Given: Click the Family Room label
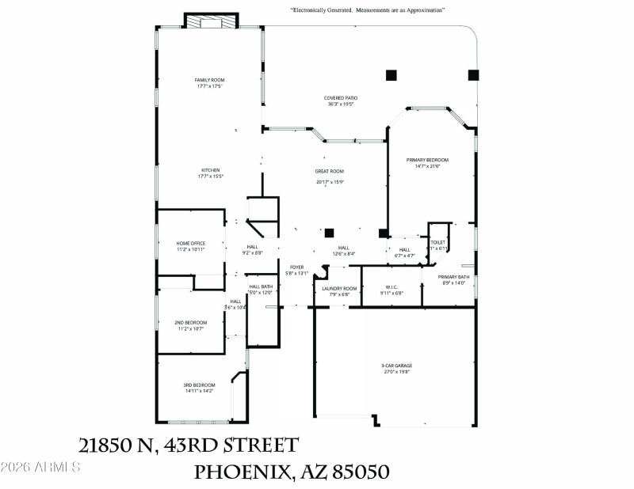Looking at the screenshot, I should [x=210, y=80].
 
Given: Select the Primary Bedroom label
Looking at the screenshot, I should [x=428, y=160].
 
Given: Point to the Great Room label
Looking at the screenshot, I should [x=330, y=171].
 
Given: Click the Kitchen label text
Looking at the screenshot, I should [x=210, y=169].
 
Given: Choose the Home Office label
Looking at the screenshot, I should [x=190, y=243].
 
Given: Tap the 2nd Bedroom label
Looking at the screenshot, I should [x=190, y=322].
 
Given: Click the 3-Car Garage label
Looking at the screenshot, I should [x=396, y=366].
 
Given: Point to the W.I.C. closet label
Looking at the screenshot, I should [x=391, y=287].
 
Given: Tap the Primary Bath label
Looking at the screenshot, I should [x=454, y=277].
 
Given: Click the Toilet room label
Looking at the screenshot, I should [x=438, y=242].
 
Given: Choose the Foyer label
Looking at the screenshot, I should [x=296, y=267].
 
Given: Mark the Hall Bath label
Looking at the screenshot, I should [x=261, y=286].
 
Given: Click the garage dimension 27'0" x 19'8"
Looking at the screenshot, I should [x=396, y=371].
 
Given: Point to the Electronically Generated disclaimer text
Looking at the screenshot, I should [x=367, y=10].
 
